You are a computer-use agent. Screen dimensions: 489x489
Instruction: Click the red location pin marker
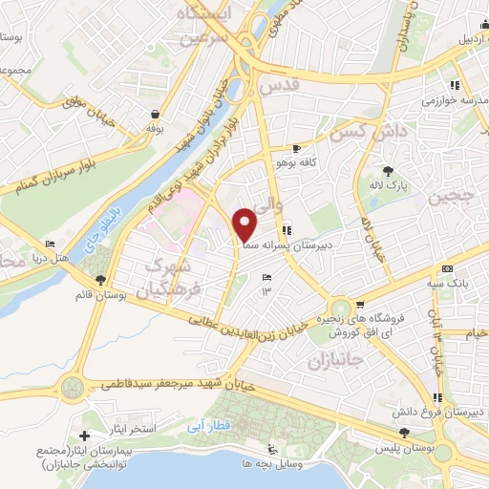coord(245,223)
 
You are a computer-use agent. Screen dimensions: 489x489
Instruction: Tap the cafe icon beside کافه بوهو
coord(296,149)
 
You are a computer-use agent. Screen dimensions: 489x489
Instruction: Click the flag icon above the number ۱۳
coord(266,277)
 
